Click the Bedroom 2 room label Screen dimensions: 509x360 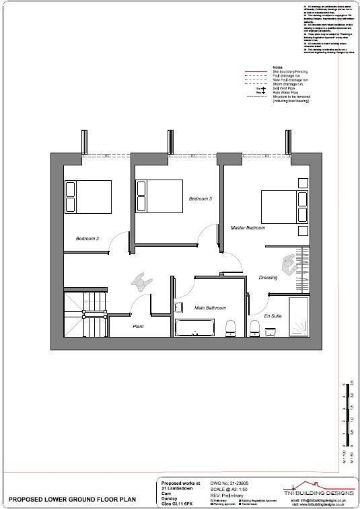[x=87, y=239]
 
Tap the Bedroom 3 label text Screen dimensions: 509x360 [x=200, y=199]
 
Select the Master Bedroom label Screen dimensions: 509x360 [x=248, y=228]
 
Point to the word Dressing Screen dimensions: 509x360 [x=268, y=277]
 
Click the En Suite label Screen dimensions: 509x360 [x=272, y=315]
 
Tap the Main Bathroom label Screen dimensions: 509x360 [x=210, y=308]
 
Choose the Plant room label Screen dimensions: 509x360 [x=139, y=327]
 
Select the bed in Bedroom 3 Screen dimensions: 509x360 [x=158, y=196]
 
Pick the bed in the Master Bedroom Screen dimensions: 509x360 [x=283, y=206]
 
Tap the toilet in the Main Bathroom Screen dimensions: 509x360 [x=230, y=327]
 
